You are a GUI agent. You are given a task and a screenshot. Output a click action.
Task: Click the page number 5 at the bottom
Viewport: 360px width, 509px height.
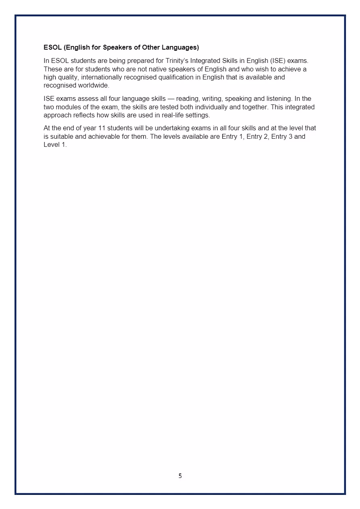coord(180,476)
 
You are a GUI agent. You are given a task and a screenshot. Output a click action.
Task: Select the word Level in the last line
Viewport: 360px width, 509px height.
coord(51,145)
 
